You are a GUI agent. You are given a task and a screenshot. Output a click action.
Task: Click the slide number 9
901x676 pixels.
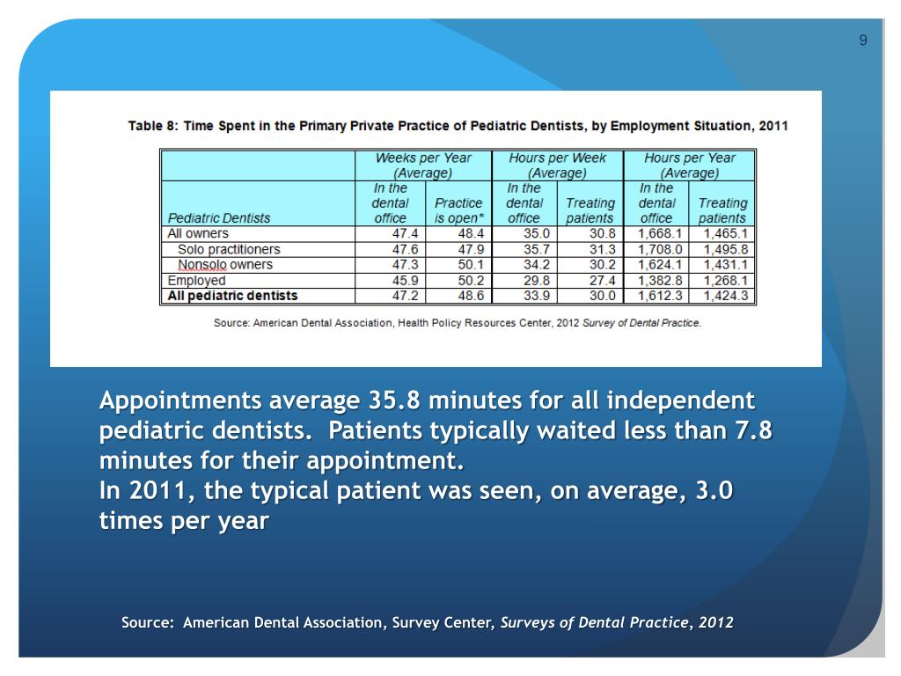(863, 40)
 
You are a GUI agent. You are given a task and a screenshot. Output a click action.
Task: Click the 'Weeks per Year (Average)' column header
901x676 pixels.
(423, 165)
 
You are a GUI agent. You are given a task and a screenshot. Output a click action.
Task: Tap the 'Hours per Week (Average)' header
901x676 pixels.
(558, 165)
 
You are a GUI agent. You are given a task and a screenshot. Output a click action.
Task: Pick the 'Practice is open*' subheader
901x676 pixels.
(458, 210)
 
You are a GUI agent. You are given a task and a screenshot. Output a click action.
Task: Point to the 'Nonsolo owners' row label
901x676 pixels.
(225, 264)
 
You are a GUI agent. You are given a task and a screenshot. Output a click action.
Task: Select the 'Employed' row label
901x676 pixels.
(196, 280)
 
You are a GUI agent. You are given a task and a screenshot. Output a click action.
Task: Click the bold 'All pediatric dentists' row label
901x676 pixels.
(232, 296)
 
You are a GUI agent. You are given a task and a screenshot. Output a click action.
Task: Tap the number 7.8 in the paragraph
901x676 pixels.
(753, 431)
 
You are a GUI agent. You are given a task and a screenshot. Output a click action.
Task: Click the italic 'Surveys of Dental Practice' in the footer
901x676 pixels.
(595, 622)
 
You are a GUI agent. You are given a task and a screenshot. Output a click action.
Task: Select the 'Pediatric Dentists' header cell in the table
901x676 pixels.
(219, 217)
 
